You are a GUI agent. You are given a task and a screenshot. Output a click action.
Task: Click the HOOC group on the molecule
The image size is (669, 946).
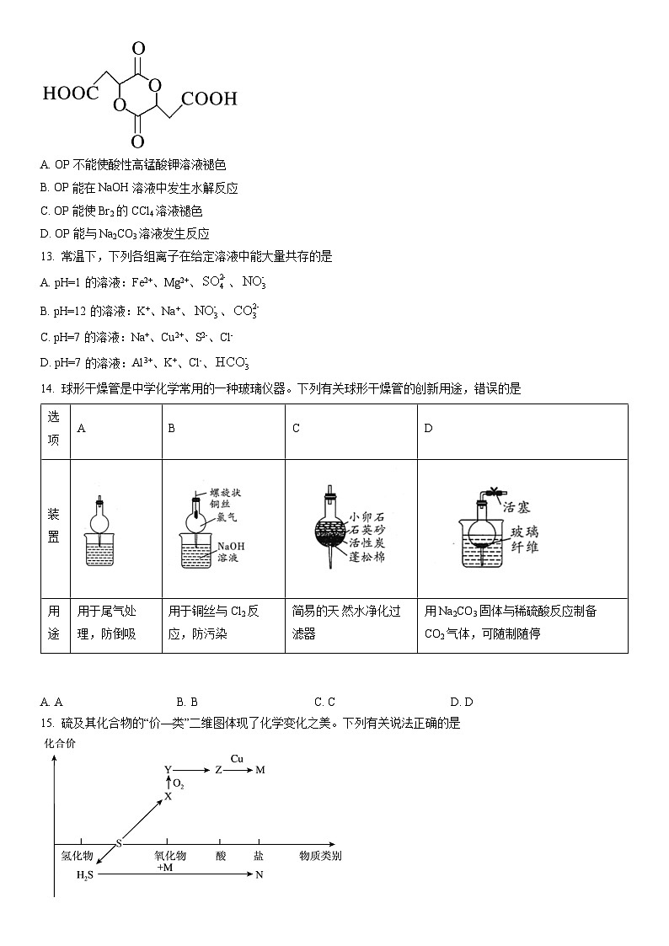[70, 93]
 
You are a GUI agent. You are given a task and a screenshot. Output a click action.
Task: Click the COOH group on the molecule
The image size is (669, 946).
[209, 99]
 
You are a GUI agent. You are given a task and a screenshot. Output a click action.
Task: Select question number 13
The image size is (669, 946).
[46, 256]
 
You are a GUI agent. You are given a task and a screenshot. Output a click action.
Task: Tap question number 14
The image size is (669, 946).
[46, 388]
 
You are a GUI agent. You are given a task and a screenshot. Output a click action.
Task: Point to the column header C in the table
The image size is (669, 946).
[296, 428]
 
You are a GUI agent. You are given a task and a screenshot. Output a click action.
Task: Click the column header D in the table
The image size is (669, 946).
[428, 428]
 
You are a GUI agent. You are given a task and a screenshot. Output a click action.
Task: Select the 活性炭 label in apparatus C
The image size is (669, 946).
[367, 542]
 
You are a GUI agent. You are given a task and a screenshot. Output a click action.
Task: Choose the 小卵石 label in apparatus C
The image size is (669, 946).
[367, 516]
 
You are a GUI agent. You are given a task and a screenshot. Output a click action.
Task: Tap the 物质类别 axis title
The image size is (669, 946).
[320, 856]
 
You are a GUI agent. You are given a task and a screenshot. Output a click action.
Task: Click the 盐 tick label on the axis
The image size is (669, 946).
[258, 856]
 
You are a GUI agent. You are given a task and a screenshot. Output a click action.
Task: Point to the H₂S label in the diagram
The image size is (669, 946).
[86, 875]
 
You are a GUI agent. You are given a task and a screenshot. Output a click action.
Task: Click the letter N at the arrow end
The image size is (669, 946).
[260, 875]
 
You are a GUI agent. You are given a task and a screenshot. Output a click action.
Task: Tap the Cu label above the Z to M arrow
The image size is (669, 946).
[238, 758]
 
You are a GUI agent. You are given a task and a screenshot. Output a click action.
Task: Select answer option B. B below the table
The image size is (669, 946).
[187, 702]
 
